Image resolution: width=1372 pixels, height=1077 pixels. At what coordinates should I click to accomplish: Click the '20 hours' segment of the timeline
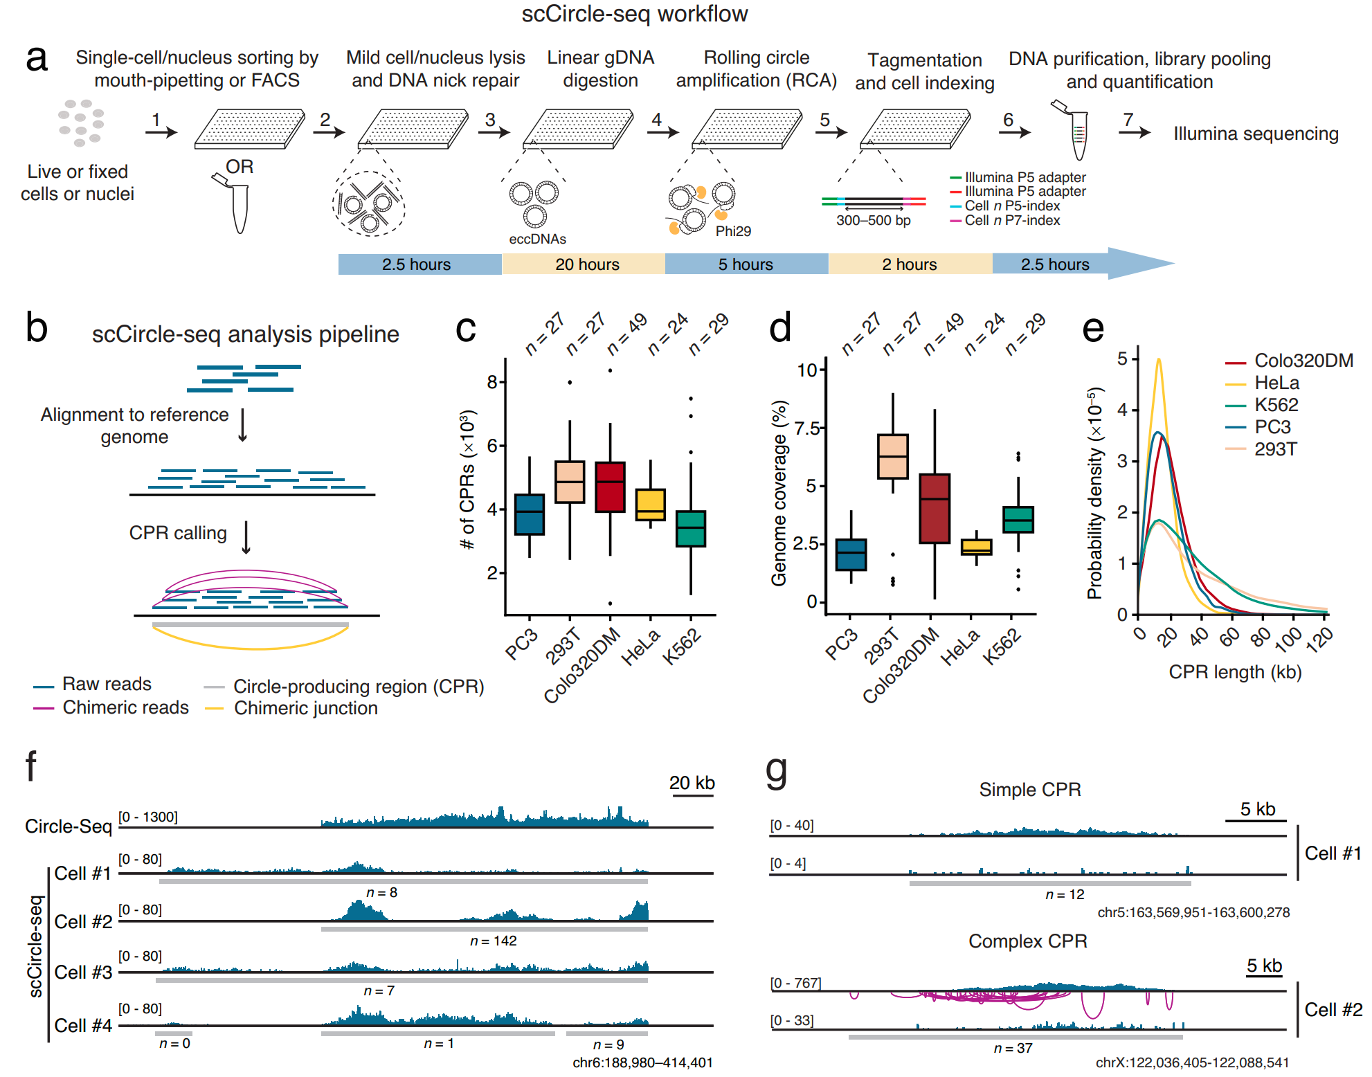click(x=586, y=264)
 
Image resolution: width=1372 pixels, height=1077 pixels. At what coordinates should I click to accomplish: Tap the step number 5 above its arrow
click(x=824, y=120)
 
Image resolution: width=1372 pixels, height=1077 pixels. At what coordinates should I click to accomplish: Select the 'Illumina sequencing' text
click(x=1255, y=134)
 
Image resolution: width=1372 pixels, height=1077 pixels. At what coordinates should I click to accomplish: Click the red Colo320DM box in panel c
click(x=610, y=487)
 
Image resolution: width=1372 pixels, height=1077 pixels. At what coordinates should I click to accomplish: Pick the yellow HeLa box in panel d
click(x=976, y=547)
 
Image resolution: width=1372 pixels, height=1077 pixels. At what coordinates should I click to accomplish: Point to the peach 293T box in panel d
click(x=892, y=456)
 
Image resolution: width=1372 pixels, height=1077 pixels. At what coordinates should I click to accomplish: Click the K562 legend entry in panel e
click(x=1276, y=405)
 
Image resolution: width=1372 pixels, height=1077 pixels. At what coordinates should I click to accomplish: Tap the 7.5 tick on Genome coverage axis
click(x=806, y=428)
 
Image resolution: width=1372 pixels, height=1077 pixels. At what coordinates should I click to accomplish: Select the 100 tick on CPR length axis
click(x=1288, y=637)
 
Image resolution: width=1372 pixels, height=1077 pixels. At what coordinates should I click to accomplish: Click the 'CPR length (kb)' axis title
click(x=1235, y=672)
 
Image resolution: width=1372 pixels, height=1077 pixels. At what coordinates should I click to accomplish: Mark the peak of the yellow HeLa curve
click(x=1158, y=360)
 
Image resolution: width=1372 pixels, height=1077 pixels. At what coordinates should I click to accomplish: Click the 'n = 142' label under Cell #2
click(x=493, y=941)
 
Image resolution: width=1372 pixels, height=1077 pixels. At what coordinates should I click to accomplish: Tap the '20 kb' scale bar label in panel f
click(x=692, y=783)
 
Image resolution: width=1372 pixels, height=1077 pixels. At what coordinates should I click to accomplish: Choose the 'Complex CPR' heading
click(x=1027, y=941)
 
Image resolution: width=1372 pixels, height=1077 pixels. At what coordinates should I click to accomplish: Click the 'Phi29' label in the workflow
click(x=732, y=231)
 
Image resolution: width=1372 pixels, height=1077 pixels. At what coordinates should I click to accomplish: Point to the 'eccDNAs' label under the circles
click(x=537, y=239)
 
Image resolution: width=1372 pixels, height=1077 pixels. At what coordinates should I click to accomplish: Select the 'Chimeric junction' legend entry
click(x=305, y=708)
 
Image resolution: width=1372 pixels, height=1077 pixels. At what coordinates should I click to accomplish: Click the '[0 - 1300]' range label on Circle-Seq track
click(x=147, y=817)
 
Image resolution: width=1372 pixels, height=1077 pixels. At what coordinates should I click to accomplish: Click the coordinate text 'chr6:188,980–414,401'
click(x=642, y=1062)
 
